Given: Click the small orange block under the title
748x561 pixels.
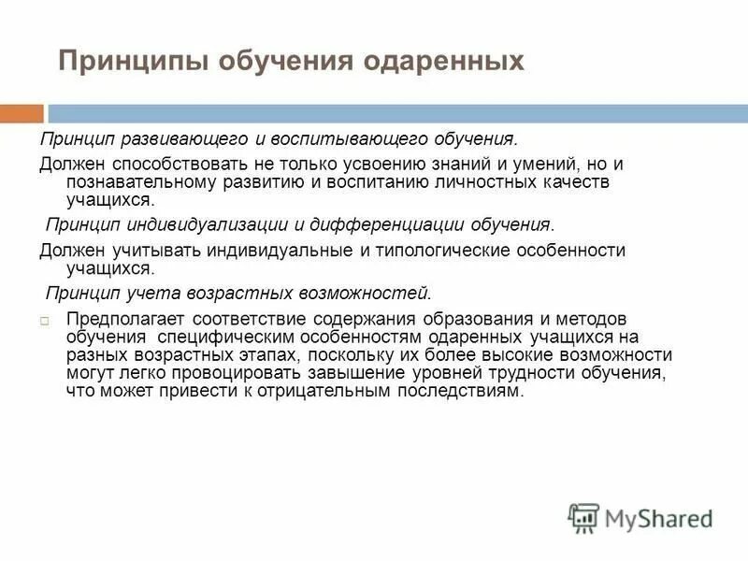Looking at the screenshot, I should coord(22,114).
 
